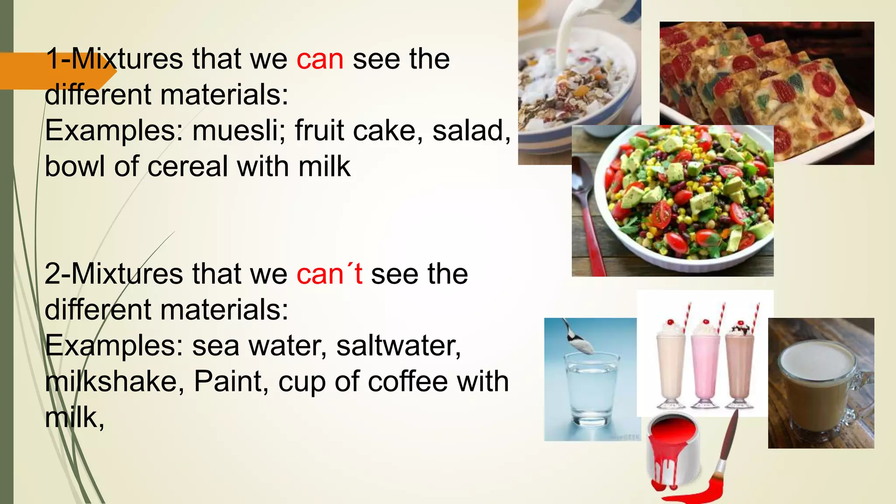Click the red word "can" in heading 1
click(320, 59)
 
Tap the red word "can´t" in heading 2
click(329, 275)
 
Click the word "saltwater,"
click(399, 346)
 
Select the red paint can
click(672, 451)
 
